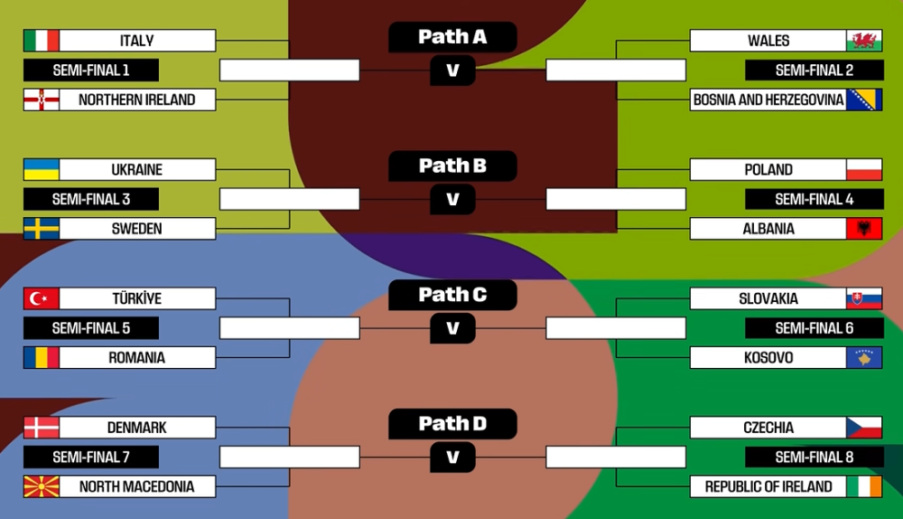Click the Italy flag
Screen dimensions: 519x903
coord(42,41)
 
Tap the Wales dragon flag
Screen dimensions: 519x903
coord(864,41)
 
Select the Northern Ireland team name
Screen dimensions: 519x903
coord(136,99)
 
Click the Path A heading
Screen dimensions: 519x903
coord(452,37)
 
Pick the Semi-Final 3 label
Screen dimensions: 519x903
coord(91,199)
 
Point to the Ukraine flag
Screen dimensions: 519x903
coord(42,170)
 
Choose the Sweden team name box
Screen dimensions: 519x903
coord(136,229)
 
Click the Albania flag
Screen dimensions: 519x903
coord(864,229)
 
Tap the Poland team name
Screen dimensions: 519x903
coord(768,170)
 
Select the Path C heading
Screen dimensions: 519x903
coord(452,295)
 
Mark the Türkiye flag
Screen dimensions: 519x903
coord(42,298)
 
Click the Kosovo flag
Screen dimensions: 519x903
coord(864,357)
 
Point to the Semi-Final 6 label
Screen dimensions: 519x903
coord(814,328)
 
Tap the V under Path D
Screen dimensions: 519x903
coord(452,458)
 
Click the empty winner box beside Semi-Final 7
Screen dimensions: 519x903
coord(290,457)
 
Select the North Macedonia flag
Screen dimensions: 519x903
coord(42,486)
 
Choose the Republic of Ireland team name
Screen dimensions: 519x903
coord(768,486)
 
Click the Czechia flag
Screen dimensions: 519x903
coord(864,428)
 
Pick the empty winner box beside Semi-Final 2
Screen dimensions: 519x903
coord(616,70)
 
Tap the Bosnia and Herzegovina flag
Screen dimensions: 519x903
coord(864,99)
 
